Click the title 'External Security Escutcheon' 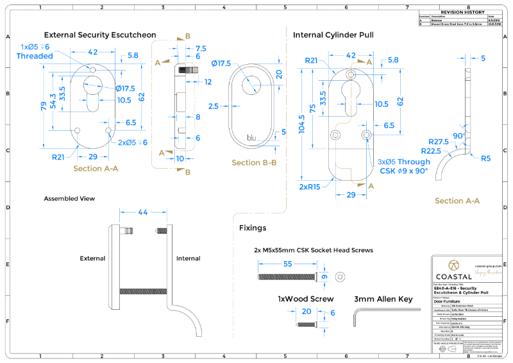coord(99,35)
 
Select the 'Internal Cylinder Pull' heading coord(333,35)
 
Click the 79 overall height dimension coord(43,105)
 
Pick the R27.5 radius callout coord(439,142)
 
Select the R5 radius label coord(485,158)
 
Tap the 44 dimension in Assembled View coord(143,212)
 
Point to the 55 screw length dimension coord(287,264)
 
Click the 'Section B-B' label coord(253,163)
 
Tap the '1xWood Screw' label coord(305,299)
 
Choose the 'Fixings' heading coord(253,228)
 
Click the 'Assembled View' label coord(69,199)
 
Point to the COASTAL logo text coord(453,276)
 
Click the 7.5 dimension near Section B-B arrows coord(201,49)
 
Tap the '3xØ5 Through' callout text coord(404,162)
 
